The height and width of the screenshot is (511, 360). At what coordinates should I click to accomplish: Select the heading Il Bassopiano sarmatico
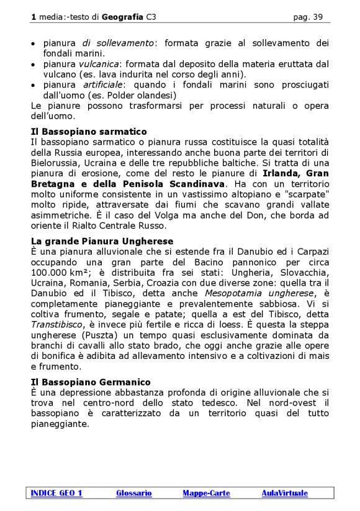[x=88, y=132]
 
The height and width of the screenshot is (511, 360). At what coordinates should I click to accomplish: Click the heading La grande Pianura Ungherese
[x=102, y=241]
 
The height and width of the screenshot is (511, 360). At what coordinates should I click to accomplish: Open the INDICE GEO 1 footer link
[x=56, y=493]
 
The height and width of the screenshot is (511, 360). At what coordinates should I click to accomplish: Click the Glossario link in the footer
[x=133, y=493]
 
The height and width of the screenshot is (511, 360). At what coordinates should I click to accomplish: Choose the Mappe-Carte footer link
[x=206, y=493]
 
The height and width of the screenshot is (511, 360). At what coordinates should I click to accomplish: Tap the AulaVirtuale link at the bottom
[x=284, y=493]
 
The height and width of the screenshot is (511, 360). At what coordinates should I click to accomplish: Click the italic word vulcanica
[x=98, y=64]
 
